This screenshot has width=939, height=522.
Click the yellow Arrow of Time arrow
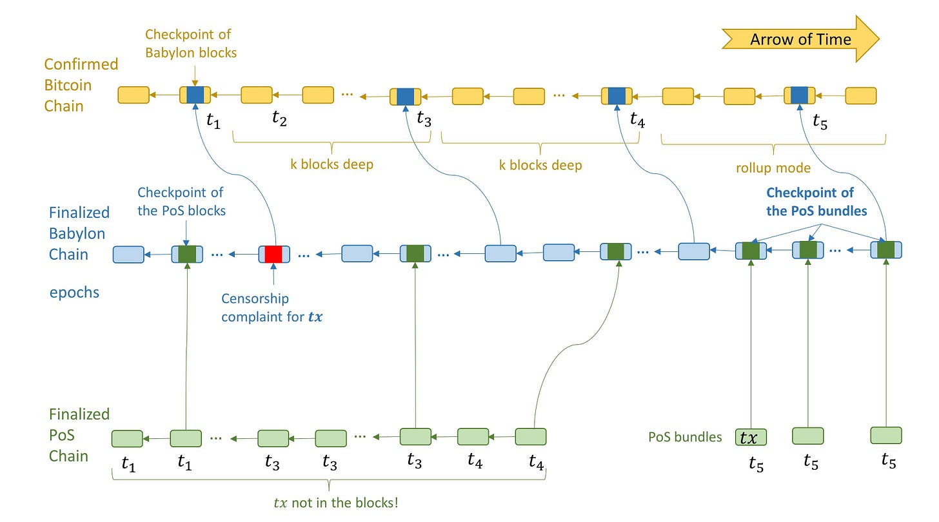pos(801,39)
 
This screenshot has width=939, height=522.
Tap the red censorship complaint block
pos(273,254)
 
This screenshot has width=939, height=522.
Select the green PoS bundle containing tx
pos(751,437)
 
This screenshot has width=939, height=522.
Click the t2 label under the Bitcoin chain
pos(279,118)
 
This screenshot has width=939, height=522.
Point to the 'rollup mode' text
pos(773,168)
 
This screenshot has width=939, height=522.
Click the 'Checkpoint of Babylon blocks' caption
pos(191,44)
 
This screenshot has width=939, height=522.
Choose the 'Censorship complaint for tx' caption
pos(272,307)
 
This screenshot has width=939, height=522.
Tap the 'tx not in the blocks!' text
pos(336,502)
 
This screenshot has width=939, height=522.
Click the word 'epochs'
pos(74,293)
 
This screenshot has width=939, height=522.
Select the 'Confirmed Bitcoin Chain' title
pos(81,85)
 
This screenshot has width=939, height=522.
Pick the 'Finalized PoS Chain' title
pos(79,435)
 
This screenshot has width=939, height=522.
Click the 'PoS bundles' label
pos(685,437)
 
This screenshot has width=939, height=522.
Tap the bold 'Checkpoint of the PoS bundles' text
pos(816,202)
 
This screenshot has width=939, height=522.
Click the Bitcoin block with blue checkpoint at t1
pos(195,95)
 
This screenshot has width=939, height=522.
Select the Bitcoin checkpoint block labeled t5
pos(800,95)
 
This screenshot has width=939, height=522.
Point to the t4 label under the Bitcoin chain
pos(638,119)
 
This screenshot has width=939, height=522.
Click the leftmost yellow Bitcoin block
pos(133,95)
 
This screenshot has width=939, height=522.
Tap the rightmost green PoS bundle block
pos(885,435)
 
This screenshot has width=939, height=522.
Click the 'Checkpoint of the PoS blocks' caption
pos(181,202)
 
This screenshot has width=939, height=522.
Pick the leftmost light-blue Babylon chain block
pos(128,255)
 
